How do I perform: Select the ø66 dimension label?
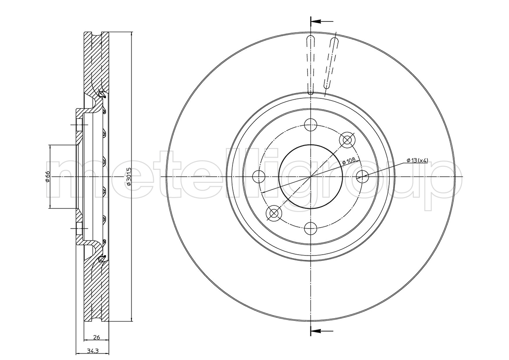click(47, 176)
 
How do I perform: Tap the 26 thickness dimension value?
click(96, 337)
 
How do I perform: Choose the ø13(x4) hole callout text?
click(417, 160)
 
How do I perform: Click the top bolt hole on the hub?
click(311, 124)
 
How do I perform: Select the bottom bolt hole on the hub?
click(311, 229)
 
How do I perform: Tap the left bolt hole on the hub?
click(259, 176)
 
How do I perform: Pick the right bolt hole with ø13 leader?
click(362, 176)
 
